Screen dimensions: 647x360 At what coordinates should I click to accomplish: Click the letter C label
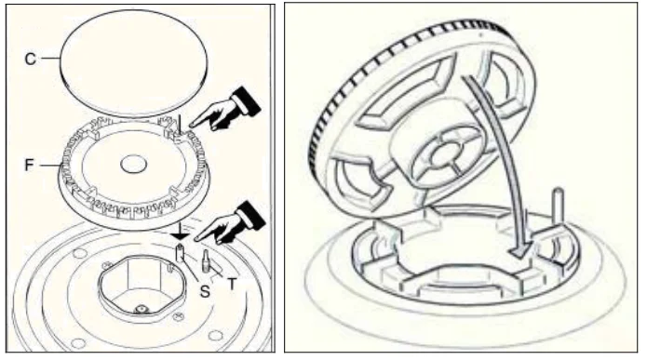pos(30,59)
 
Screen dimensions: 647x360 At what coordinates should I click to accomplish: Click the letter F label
pos(29,165)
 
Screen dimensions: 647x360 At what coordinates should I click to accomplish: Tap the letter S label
pos(205,291)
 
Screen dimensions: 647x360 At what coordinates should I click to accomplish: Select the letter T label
pos(232,284)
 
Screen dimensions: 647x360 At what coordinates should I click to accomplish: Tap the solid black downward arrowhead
pos(180,235)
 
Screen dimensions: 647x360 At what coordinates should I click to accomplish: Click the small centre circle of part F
pos(134,164)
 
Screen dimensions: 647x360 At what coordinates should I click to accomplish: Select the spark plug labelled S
pos(180,252)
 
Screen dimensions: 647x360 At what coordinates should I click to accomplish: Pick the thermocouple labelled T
pos(205,260)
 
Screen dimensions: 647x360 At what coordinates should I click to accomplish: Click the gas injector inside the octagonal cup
pos(142,309)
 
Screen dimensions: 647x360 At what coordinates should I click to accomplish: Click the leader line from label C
pos(50,59)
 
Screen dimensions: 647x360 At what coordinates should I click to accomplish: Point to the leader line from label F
pos(49,166)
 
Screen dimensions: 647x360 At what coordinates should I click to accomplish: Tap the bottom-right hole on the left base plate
pos(215,335)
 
